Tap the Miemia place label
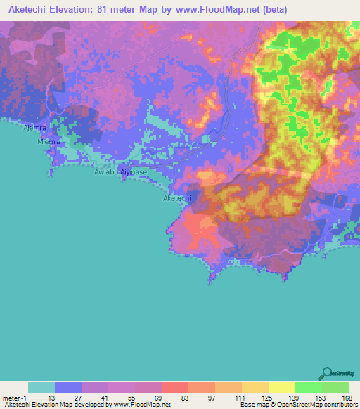pos(49,141)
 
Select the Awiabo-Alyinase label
pos(120,171)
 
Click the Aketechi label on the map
pos(176,198)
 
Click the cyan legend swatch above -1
pos(41,387)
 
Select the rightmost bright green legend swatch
pos(335,387)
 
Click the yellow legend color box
pos(281,387)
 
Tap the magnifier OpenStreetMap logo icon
pos(326,373)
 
